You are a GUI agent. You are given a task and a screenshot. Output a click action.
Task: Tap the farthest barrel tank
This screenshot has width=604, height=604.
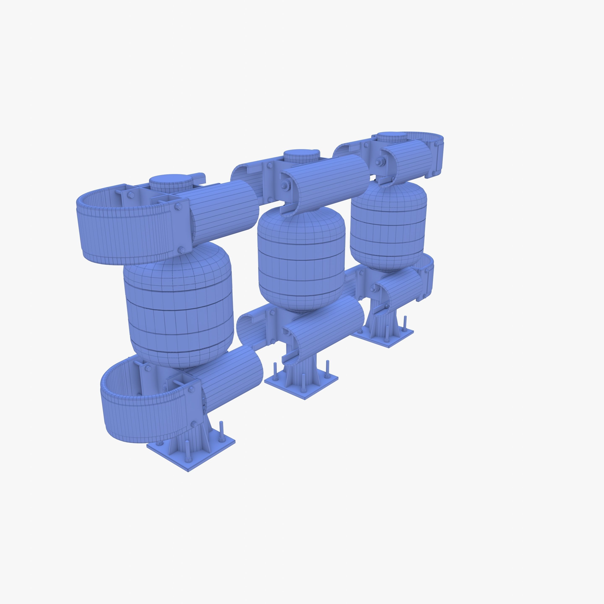388,225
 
